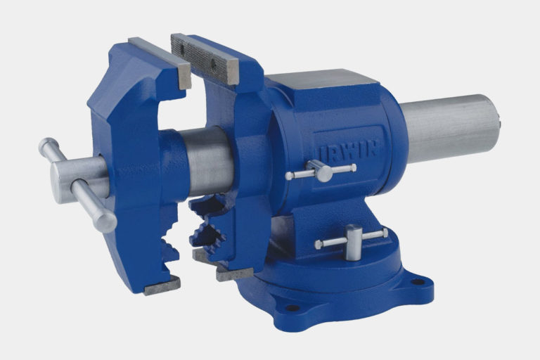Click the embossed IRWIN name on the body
coord(348,150)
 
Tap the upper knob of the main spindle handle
coord(47,145)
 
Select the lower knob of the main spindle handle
coord(105,221)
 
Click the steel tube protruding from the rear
coord(451,129)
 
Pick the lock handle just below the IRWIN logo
coord(321,171)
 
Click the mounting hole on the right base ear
coord(418,282)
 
